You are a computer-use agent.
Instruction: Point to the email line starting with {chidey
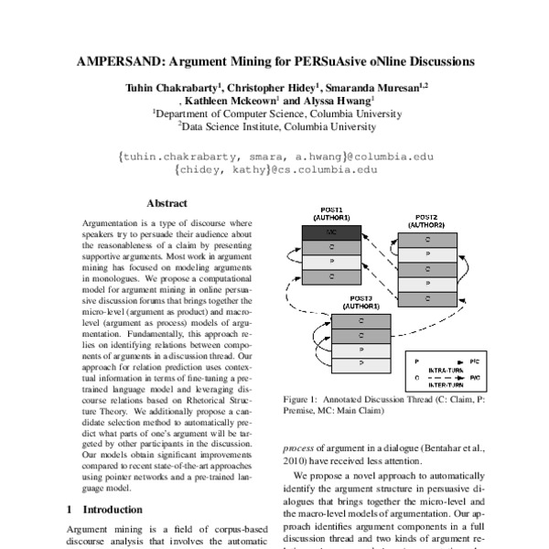[274, 169]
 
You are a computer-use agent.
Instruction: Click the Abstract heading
[167, 204]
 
